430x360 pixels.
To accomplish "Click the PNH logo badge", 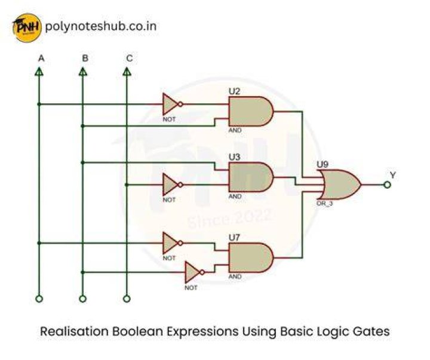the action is (x=27, y=27).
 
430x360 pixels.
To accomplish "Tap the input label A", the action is (x=41, y=59).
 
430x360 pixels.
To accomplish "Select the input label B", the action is (x=85, y=59).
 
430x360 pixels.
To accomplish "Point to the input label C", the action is (x=130, y=59).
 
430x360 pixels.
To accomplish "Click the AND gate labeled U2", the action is (x=251, y=111).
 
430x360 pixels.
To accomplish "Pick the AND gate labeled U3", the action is (x=251, y=177).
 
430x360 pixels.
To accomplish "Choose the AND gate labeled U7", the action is (x=251, y=257).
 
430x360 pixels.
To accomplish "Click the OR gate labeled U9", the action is (x=339, y=184).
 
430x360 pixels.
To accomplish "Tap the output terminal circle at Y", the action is (x=387, y=185).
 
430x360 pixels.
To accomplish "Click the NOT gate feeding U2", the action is (x=172, y=104).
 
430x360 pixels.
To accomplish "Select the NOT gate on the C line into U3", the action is (x=172, y=184).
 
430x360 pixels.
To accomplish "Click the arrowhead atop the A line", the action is (x=39, y=72).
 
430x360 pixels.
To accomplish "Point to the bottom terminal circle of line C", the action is (x=127, y=299).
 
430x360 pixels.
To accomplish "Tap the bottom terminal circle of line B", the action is (x=82, y=299).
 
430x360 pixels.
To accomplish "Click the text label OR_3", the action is (x=325, y=204).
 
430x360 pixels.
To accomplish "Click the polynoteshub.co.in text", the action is (x=101, y=26).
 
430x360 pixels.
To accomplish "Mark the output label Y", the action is (x=393, y=175).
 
